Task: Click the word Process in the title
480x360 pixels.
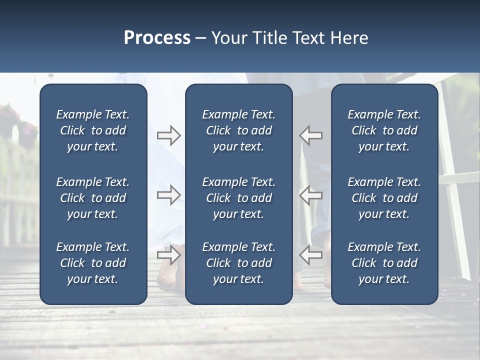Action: pos(157,38)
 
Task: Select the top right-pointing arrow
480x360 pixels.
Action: pos(168,135)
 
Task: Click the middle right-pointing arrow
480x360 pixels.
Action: pos(168,195)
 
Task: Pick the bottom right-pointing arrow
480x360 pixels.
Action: pos(168,255)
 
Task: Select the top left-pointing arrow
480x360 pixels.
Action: pos(310,135)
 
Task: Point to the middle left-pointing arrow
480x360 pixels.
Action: pos(310,195)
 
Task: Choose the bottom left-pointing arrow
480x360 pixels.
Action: pos(310,255)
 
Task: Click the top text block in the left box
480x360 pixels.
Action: pos(93,130)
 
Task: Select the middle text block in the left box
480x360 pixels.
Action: pos(93,198)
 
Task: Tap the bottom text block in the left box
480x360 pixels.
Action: pos(93,263)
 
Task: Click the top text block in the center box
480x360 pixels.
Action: pos(238,130)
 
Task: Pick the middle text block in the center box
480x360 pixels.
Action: pos(238,198)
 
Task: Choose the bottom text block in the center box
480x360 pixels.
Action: pos(238,263)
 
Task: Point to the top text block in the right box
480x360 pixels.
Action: pos(384,130)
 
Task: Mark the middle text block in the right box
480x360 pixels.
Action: pos(384,198)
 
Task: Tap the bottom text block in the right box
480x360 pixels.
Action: pos(384,263)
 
